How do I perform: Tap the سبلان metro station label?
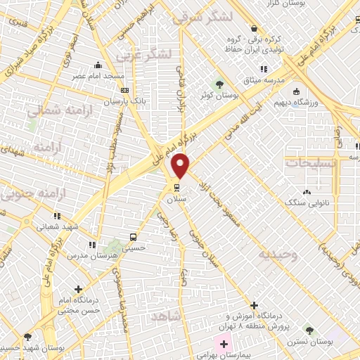pyautogui.click(x=174, y=199)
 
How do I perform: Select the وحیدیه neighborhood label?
pyautogui.click(x=277, y=254)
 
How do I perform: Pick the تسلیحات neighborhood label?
pyautogui.click(x=311, y=161)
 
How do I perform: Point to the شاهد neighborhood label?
pyautogui.click(x=166, y=318)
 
